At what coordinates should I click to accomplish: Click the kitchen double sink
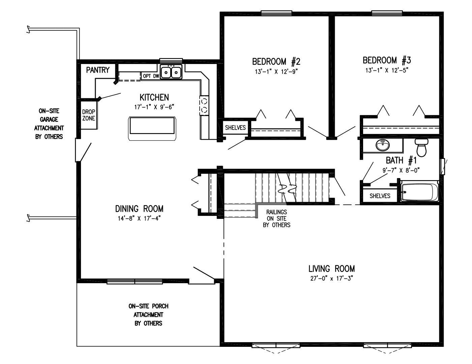point(171,72)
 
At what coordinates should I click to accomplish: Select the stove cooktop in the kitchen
point(204,105)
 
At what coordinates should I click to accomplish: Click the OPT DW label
point(151,76)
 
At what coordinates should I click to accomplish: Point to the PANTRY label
point(98,70)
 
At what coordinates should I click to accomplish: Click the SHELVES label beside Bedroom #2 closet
point(235,128)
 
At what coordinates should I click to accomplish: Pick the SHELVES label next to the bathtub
point(380,196)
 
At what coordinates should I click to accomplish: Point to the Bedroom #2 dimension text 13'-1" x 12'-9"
point(276,71)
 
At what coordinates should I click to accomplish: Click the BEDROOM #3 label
point(387,61)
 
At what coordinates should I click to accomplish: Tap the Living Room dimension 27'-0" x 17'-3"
point(331,278)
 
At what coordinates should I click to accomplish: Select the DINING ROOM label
point(139,209)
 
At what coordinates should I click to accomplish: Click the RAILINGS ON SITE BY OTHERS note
point(276,219)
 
